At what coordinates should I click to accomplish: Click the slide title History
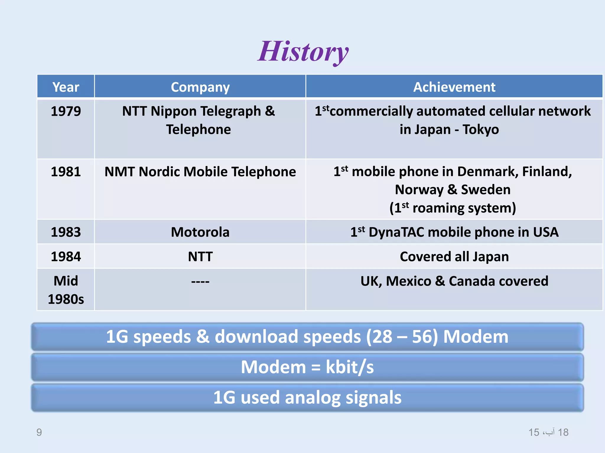303,52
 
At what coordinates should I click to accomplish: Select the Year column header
66,87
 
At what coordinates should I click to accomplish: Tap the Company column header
200,87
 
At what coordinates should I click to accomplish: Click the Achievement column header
454,87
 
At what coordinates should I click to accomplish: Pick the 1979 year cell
66,111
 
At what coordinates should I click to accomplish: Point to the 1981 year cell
66,172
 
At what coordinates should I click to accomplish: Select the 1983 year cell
66,232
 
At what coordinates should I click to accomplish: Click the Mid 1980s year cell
66,290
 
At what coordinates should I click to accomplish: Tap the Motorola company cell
200,232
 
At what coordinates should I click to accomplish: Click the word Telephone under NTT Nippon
198,129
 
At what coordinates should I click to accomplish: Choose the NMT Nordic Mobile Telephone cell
200,172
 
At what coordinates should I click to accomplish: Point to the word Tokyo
481,129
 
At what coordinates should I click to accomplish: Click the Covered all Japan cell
454,257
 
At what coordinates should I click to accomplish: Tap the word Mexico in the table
409,281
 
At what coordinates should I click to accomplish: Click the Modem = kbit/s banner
307,367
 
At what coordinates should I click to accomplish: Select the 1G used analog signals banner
307,397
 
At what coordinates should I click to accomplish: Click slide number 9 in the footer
39,432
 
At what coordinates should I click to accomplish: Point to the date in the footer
548,432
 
